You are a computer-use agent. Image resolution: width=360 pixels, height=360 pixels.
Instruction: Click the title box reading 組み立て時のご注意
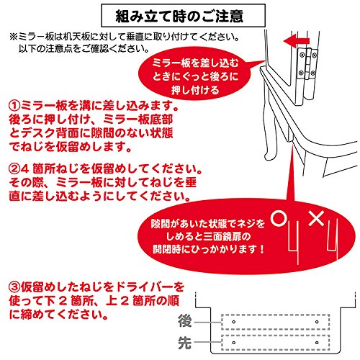(183, 16)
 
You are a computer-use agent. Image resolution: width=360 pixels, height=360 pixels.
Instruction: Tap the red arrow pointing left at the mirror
(297, 40)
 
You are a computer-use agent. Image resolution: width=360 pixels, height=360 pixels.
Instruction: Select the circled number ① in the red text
(14, 105)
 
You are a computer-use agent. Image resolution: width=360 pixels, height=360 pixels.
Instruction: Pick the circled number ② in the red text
(14, 169)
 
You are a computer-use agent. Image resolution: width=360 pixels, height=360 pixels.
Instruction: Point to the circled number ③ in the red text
(14, 287)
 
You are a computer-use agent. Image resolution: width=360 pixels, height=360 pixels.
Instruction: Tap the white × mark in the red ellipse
(316, 218)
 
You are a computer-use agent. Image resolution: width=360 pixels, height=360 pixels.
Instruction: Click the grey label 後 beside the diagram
(185, 321)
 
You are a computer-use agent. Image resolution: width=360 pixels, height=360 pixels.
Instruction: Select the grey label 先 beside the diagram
(185, 343)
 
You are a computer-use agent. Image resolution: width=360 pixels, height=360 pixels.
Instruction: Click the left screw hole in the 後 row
(233, 322)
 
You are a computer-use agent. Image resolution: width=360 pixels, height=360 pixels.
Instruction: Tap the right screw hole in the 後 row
(317, 322)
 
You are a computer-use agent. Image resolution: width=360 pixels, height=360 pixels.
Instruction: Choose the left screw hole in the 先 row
(233, 343)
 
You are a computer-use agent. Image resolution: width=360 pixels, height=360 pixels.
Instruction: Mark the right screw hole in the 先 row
(317, 343)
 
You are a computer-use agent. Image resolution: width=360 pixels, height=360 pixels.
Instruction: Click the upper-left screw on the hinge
(302, 55)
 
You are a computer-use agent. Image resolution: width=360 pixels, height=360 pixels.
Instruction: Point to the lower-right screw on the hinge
(312, 73)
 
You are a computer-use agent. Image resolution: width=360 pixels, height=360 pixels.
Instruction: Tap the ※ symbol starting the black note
(13, 37)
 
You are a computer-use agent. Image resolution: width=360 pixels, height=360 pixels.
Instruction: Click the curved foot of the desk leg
(271, 153)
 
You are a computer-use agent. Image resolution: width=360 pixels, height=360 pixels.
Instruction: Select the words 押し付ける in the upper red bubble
(195, 91)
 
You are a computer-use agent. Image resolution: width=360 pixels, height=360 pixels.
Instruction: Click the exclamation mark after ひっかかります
(261, 249)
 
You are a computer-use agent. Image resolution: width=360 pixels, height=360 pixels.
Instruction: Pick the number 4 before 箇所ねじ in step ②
(25, 169)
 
